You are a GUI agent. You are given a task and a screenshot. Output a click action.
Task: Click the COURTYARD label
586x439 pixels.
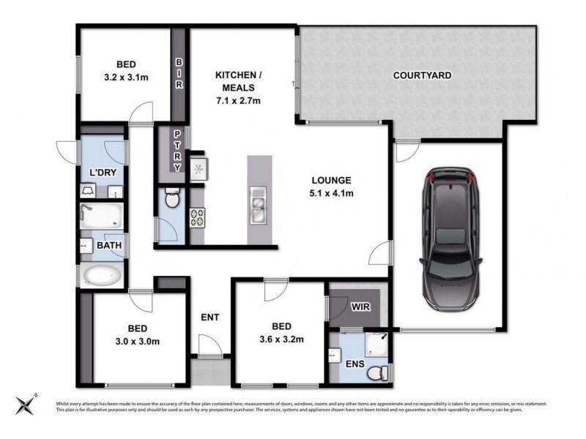422,75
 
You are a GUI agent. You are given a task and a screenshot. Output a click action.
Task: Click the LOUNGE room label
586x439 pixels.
333,180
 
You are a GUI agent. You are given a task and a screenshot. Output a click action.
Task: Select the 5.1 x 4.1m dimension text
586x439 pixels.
333,194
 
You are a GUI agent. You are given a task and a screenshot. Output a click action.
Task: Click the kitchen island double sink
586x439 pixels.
258,206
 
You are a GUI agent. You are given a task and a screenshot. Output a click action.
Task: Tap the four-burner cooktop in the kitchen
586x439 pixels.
198,217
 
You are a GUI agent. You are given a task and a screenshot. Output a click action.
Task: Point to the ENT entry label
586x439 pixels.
211,318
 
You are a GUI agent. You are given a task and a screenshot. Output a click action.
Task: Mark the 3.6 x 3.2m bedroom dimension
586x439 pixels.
282,339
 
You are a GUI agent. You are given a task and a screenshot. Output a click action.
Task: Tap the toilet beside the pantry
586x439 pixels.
171,200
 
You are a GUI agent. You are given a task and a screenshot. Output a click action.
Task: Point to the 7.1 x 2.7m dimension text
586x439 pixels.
236,100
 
